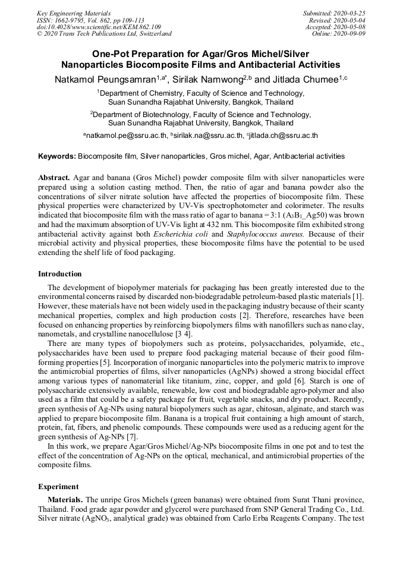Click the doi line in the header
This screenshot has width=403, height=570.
click(99, 27)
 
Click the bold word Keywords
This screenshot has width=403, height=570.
click(56, 156)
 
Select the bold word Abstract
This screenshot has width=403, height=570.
click(55, 178)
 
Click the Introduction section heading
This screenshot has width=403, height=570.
click(60, 274)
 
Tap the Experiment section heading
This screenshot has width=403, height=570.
click(58, 486)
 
